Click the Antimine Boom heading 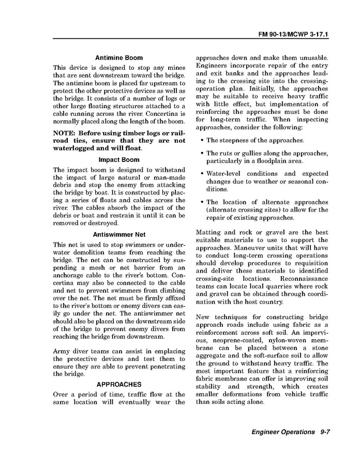point(119,58)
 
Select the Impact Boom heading point(119,160)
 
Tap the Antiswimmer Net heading point(119,234)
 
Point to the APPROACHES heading point(119,384)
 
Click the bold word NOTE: point(65,133)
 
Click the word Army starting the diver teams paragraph point(63,352)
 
